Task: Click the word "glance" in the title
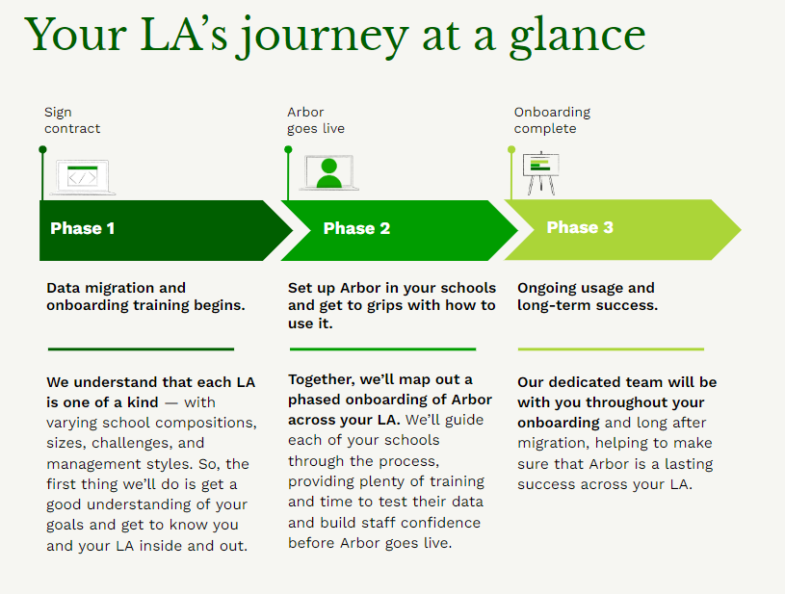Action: [x=578, y=36]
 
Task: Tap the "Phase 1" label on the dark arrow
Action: [x=83, y=228]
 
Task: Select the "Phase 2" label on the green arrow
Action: [x=356, y=228]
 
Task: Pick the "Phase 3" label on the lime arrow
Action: [x=580, y=227]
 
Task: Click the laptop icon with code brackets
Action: [x=83, y=177]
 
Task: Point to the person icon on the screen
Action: [x=329, y=172]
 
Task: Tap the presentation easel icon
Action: [x=540, y=172]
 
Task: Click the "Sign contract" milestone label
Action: [x=72, y=120]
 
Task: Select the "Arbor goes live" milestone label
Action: [x=315, y=120]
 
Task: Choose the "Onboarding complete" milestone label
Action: [x=552, y=120]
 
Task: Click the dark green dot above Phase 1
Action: [x=42, y=149]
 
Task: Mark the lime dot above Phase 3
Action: [x=511, y=149]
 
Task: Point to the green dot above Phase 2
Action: [x=288, y=149]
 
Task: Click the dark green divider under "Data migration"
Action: [x=142, y=349]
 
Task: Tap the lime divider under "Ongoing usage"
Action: [x=611, y=349]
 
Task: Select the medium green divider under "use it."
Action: [x=382, y=349]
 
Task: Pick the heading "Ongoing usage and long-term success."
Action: [x=588, y=297]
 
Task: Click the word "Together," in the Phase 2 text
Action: [x=322, y=380]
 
